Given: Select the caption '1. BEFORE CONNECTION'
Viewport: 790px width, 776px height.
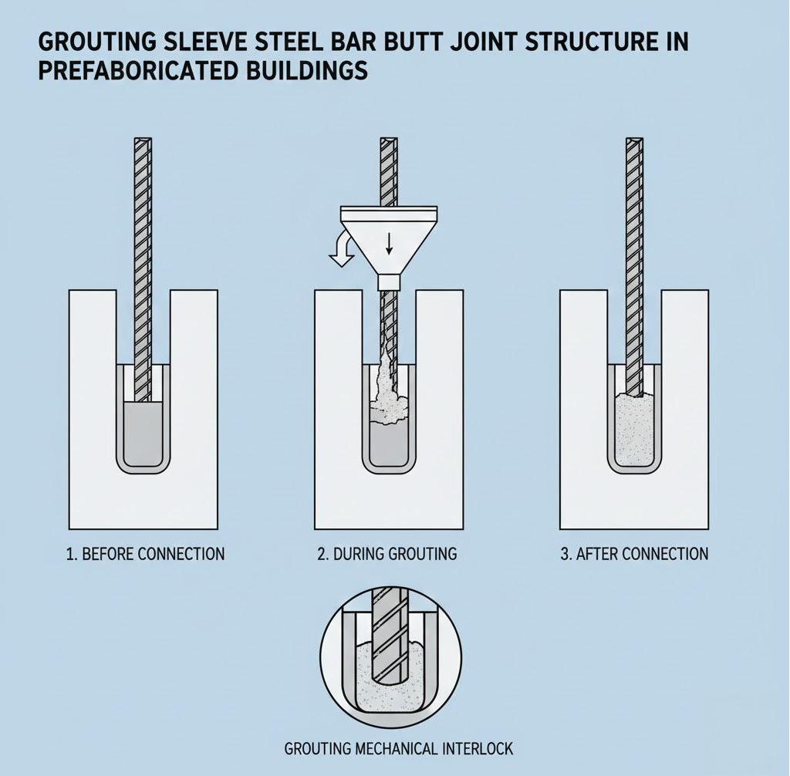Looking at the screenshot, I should [145, 554].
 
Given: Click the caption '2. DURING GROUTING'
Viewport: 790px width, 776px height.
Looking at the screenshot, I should [387, 554].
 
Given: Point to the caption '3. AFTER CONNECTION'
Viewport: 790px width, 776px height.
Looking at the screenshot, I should [634, 554].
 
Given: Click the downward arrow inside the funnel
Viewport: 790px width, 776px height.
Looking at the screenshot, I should [389, 243].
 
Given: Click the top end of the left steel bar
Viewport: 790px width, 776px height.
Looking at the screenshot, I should [143, 143].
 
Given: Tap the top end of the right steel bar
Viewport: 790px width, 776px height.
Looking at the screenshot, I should [633, 143].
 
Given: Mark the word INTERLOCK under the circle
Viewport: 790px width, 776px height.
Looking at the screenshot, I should [478, 748].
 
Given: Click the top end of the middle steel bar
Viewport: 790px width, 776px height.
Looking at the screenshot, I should [389, 143].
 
